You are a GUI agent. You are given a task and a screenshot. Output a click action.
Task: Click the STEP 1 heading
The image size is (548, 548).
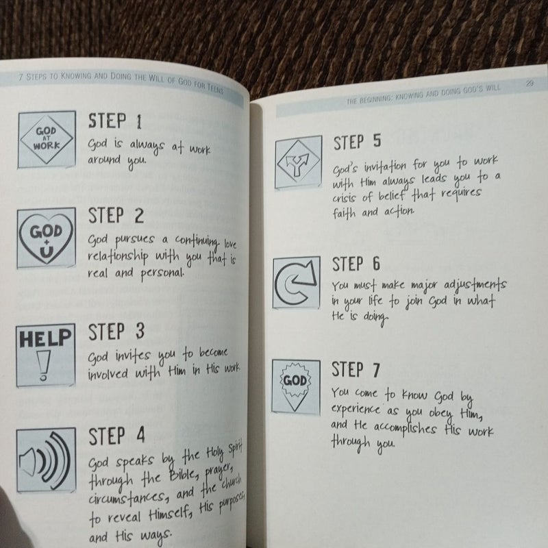click(x=115, y=122)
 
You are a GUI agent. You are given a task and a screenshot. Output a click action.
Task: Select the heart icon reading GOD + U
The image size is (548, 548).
click(x=46, y=236)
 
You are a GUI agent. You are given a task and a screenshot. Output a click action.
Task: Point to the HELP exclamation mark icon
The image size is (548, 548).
click(x=46, y=354)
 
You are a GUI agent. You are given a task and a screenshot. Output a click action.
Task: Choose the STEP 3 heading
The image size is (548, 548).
click(x=116, y=332)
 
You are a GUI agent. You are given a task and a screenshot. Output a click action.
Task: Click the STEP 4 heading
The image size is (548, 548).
click(x=116, y=436)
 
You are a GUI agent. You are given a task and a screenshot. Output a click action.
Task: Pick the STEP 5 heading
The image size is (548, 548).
click(x=357, y=143)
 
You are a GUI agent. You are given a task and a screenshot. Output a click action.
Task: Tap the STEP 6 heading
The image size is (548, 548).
click(x=357, y=264)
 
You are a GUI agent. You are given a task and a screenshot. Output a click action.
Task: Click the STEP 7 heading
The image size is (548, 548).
click(x=357, y=371)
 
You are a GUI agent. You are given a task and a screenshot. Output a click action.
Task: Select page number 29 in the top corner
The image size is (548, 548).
click(x=530, y=84)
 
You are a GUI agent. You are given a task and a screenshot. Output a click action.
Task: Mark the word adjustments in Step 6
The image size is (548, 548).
click(x=473, y=284)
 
